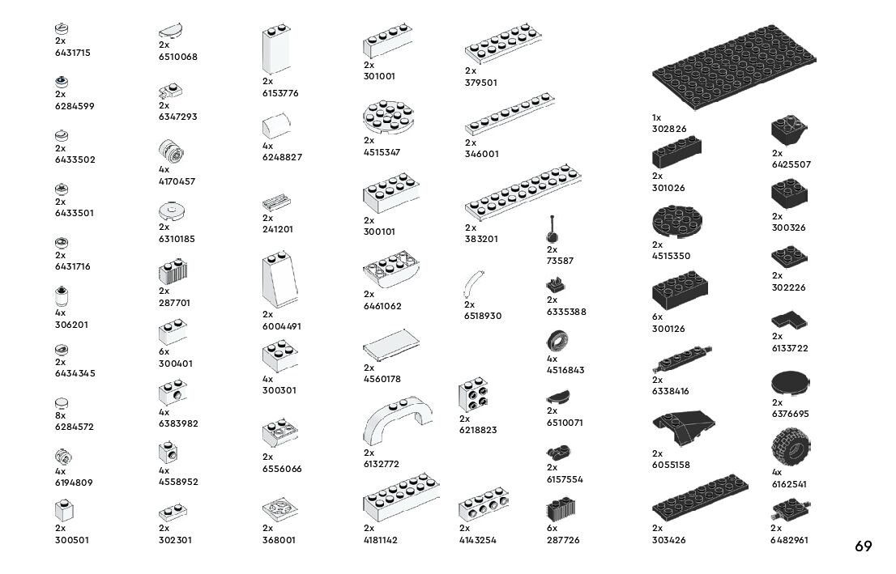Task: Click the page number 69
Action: pos(863,546)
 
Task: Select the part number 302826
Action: pos(668,129)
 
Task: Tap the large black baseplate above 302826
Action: pos(733,69)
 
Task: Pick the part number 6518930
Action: pos(483,316)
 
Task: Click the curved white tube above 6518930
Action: pos(472,285)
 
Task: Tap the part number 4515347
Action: pos(382,152)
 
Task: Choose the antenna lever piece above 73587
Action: pos(553,230)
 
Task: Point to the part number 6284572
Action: pos(75,426)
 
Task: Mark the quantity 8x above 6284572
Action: pos(60,415)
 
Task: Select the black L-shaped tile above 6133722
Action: pos(791,320)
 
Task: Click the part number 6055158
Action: pos(671,465)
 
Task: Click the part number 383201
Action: pos(481,239)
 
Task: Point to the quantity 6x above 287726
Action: pos(552,528)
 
